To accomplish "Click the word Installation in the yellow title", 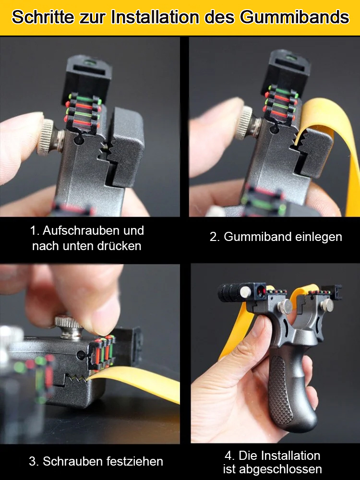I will (155, 17).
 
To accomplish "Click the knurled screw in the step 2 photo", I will (245, 123).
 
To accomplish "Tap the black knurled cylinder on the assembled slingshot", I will (231, 292).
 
